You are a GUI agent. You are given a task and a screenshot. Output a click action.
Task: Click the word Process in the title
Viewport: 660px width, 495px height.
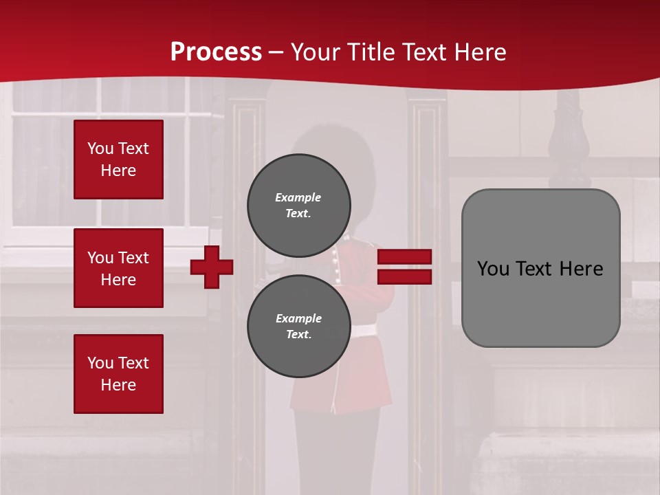(216, 52)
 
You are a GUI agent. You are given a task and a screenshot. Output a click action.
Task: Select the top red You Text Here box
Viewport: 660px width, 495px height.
(118, 159)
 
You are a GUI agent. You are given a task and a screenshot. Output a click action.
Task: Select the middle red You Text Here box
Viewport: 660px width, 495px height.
(118, 268)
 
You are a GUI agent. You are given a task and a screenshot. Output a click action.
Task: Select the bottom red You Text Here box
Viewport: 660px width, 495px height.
(118, 373)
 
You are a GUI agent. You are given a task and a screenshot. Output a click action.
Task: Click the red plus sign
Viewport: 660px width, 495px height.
(212, 267)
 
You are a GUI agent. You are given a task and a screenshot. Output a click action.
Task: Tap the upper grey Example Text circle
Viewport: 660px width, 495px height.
(298, 205)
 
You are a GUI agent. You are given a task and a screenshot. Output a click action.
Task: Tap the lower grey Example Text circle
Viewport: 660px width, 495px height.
(298, 326)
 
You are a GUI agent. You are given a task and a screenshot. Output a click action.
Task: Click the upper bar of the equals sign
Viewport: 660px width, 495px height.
(404, 257)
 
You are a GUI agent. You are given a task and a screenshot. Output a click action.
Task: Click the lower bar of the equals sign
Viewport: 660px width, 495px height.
(404, 276)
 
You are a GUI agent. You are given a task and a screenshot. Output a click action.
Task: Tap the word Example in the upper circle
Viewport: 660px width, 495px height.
(298, 197)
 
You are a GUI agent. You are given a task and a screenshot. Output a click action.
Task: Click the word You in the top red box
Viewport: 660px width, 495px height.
(100, 148)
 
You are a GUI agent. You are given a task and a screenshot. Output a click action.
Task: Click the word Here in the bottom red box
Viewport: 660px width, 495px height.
(118, 385)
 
